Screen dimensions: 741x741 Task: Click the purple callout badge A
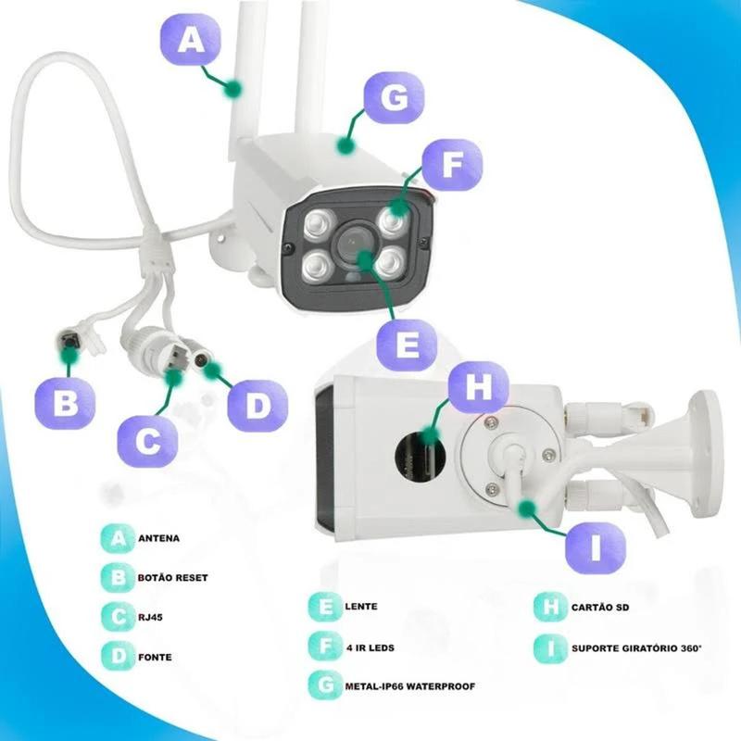(x=192, y=41)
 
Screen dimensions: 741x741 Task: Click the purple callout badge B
(x=65, y=405)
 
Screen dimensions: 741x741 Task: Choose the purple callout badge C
(x=147, y=439)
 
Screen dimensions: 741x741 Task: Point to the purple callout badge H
(x=478, y=389)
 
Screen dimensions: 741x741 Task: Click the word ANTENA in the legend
(x=158, y=538)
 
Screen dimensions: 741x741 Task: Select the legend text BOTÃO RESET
(x=172, y=577)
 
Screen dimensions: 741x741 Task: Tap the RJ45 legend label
(x=151, y=615)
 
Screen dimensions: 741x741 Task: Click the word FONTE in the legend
(x=155, y=657)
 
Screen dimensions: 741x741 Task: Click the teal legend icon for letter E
(x=322, y=608)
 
